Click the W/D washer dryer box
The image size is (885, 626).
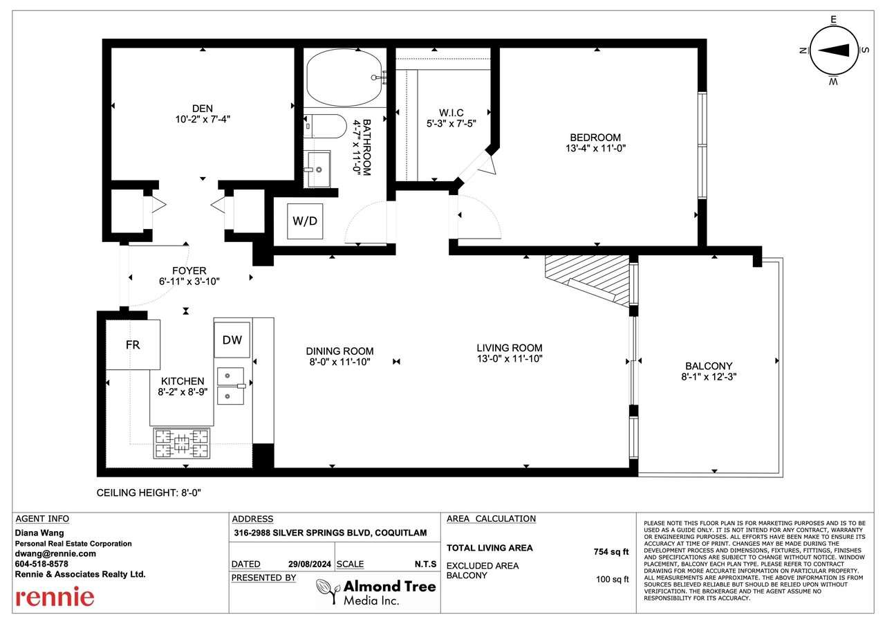[x=305, y=221]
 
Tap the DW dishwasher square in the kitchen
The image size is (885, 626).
[x=232, y=340]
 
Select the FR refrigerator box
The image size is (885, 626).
[x=133, y=344]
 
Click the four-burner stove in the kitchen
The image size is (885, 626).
[x=182, y=443]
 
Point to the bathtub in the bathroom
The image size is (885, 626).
[x=345, y=77]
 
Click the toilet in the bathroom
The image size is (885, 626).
[x=325, y=126]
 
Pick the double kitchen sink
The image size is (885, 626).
[x=230, y=386]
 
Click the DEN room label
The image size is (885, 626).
[x=203, y=109]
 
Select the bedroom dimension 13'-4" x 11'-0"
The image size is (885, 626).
[x=595, y=148]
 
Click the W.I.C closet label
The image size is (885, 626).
[x=451, y=113]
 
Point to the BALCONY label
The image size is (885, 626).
[x=709, y=366]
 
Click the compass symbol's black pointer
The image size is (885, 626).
[x=833, y=50]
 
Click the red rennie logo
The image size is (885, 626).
[x=55, y=597]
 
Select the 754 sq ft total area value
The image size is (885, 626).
[x=611, y=552]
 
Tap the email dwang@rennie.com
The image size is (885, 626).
[x=55, y=553]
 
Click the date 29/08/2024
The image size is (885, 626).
[x=309, y=564]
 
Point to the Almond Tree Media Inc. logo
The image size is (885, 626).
[x=375, y=591]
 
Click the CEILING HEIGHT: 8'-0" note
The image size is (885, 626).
[x=149, y=492]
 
